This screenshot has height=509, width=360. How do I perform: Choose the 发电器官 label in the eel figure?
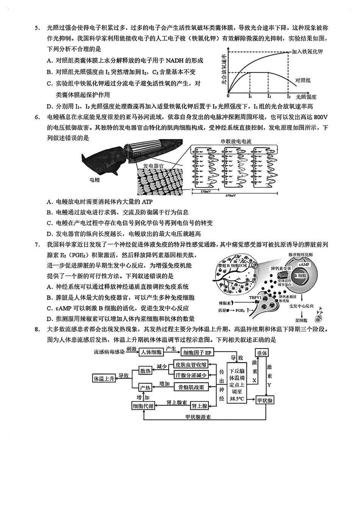click(153, 166)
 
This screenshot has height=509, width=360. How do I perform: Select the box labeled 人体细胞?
click(151, 352)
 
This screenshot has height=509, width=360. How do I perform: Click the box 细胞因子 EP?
click(197, 352)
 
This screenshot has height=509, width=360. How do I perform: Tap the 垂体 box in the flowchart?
click(262, 352)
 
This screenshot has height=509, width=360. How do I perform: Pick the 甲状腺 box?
click(265, 400)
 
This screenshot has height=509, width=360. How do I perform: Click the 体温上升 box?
click(104, 378)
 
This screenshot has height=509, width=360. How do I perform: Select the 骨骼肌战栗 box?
click(191, 387)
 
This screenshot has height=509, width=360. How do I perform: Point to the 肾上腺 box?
click(199, 406)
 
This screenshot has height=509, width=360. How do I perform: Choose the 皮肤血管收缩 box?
click(191, 365)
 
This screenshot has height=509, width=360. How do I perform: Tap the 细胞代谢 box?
click(143, 406)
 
